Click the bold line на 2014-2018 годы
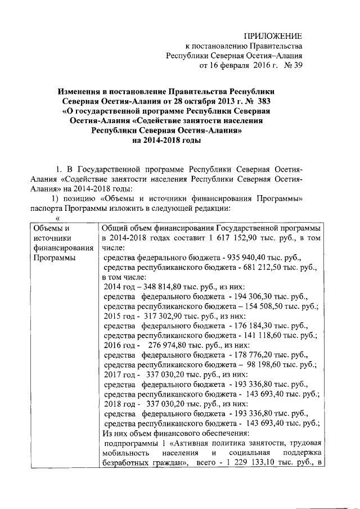pyautogui.click(x=166, y=141)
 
